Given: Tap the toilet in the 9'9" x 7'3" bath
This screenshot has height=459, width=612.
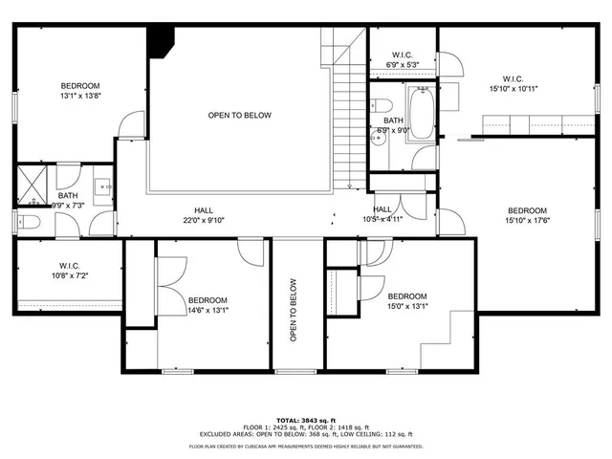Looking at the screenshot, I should [x=29, y=223].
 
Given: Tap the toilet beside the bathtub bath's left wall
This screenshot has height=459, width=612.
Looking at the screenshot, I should [x=382, y=104].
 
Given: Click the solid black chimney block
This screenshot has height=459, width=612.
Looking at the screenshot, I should [x=160, y=41].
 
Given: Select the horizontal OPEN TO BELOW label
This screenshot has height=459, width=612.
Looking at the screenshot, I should [x=239, y=116].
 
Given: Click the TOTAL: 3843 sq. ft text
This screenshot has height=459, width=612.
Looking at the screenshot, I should [x=306, y=420].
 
